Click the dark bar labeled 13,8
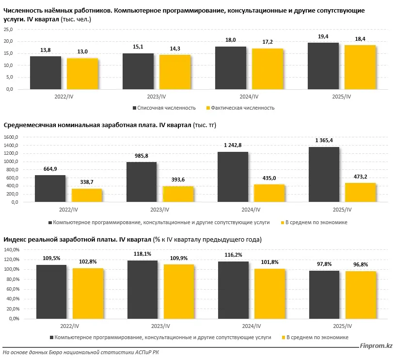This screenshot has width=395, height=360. pyautogui.click(x=46, y=73)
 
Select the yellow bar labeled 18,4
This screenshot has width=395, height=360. pyautogui.click(x=360, y=67)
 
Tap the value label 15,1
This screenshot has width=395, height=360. pyautogui.click(x=138, y=47)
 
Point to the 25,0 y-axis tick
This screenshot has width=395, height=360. pyautogui.click(x=8, y=29)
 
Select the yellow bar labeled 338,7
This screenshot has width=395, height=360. pyautogui.click(x=87, y=196)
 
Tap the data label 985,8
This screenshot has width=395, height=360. pyautogui.click(x=141, y=156)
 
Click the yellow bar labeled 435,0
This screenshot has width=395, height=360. pyautogui.click(x=269, y=193)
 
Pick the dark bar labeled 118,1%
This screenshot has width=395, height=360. pyautogui.click(x=142, y=289)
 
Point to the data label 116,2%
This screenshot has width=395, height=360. pyautogui.click(x=233, y=254)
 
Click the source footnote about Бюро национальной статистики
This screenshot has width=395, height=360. pyautogui.click(x=80, y=353)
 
